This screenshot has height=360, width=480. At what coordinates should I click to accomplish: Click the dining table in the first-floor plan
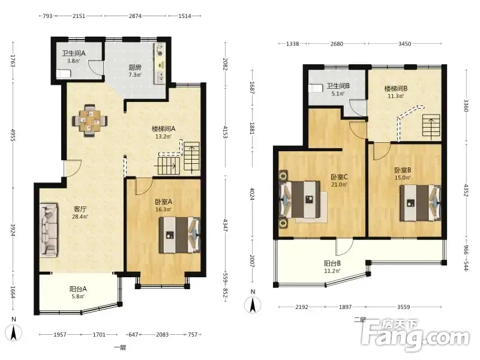tap(90, 121)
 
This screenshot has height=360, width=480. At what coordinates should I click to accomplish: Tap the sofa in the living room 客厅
tap(49, 230)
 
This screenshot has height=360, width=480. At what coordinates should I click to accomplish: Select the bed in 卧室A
tap(179, 235)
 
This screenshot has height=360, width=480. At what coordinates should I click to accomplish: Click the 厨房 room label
tap(134, 67)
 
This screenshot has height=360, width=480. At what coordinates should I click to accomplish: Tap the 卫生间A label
tap(74, 53)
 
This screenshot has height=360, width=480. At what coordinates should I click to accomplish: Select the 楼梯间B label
tap(396, 89)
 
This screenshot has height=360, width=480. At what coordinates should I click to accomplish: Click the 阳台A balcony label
tap(78, 289)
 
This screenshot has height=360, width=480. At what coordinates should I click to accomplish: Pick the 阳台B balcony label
tap(332, 263)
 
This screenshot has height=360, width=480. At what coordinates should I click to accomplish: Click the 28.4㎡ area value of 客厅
tap(80, 217)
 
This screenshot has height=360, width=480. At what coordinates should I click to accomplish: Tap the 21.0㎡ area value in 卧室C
tap(339, 185)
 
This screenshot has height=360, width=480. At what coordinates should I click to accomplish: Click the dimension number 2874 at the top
tap(135, 16)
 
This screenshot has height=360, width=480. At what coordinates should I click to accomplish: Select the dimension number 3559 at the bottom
tap(403, 307)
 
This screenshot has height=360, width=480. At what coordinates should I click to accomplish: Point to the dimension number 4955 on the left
tap(13, 134)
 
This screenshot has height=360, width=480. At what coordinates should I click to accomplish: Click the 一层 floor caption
tap(119, 347)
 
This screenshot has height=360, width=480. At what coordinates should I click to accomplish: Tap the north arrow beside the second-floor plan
tap(253, 305)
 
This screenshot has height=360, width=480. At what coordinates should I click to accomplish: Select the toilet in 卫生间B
tap(316, 88)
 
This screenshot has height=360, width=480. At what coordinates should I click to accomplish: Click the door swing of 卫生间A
tap(95, 67)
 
